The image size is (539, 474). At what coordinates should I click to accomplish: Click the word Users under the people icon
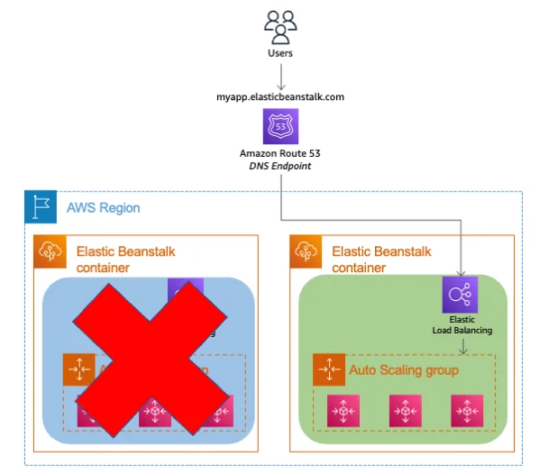tap(280, 53)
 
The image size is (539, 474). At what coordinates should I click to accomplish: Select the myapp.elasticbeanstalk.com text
tap(280, 96)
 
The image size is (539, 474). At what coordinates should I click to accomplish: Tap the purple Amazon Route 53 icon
tap(280, 126)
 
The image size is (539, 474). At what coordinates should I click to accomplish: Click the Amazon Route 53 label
tap(280, 153)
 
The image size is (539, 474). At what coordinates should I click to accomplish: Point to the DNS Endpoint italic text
tap(280, 167)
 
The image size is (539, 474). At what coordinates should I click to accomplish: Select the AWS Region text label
tap(103, 208)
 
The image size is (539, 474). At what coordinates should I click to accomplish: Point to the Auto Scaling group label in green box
tap(403, 370)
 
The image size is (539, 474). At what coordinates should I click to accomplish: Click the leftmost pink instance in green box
tap(343, 411)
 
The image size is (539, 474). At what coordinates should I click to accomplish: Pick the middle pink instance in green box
tap(405, 411)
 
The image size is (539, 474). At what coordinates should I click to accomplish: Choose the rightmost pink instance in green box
tap(467, 411)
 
